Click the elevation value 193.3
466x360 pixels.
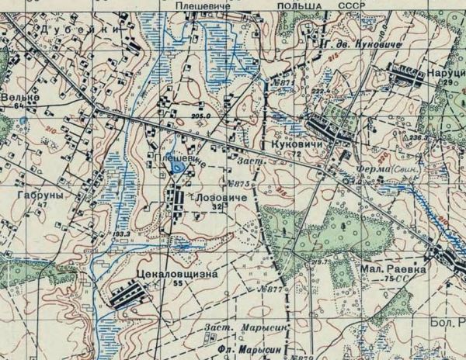[x=121, y=233]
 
